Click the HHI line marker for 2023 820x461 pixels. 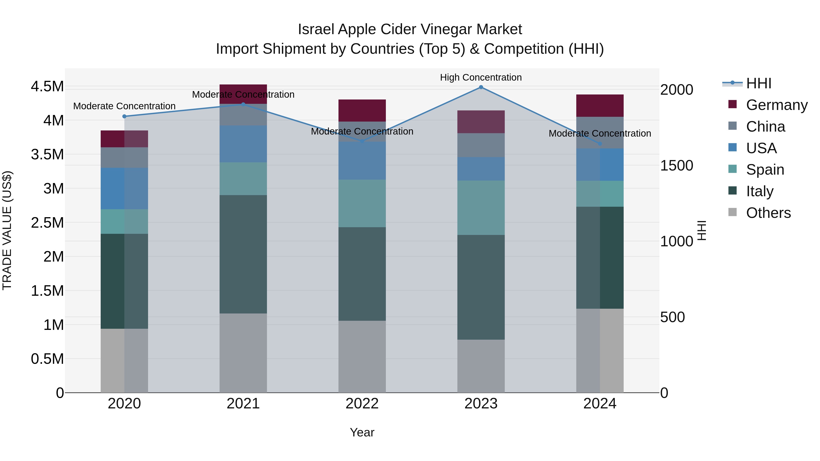coord(481,87)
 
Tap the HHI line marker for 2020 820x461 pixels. coord(124,116)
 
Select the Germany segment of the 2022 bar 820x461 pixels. coord(362,110)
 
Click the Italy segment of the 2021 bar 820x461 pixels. coord(243,254)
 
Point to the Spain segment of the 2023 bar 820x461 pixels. coord(481,208)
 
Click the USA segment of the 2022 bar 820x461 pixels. coord(362,161)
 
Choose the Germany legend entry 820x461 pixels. coord(777,105)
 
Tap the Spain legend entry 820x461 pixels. coord(765,170)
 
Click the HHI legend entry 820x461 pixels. coord(758,83)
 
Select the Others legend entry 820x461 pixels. coord(768,213)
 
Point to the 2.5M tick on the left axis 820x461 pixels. coord(47,223)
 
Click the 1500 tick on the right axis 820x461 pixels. coord(676,166)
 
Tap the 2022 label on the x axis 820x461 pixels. coord(362,404)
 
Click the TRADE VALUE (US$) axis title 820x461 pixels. coord(7,230)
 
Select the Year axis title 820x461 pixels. coord(362,432)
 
